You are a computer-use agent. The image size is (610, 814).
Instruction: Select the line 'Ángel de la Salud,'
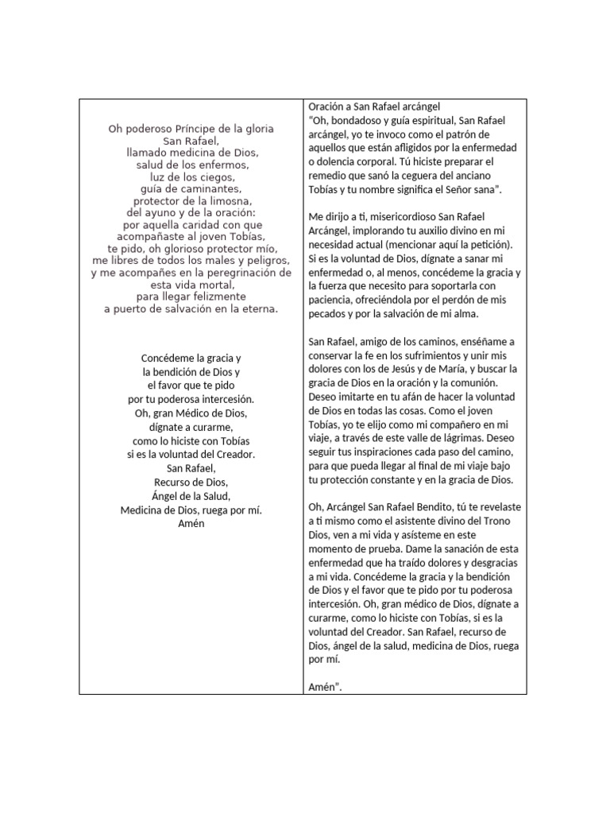pos(191,496)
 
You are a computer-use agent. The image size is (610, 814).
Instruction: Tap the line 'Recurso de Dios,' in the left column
pos(191,482)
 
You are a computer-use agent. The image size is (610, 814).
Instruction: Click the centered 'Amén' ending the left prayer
pos(191,523)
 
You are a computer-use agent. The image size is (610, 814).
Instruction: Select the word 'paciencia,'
pos(330,300)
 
